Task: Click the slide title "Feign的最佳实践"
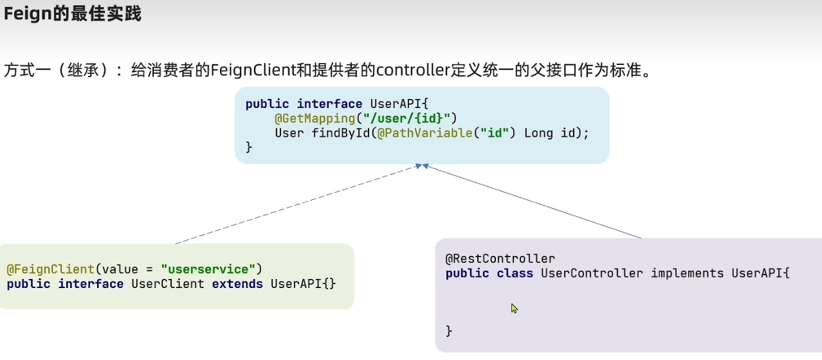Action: pyautogui.click(x=72, y=14)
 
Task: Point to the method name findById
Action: pyautogui.click(x=341, y=133)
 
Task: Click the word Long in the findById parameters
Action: pyautogui.click(x=538, y=133)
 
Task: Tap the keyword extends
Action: pyautogui.click(x=237, y=283)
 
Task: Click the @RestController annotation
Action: pyautogui.click(x=500, y=258)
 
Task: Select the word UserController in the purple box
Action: pyautogui.click(x=592, y=273)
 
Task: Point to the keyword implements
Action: pyautogui.click(x=687, y=273)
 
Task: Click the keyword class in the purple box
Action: pyautogui.click(x=515, y=273)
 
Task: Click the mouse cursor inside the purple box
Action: pyautogui.click(x=514, y=308)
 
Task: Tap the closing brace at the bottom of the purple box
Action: pyautogui.click(x=449, y=331)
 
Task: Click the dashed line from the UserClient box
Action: pyautogui.click(x=296, y=204)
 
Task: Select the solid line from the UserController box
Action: pyautogui.click(x=534, y=202)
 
